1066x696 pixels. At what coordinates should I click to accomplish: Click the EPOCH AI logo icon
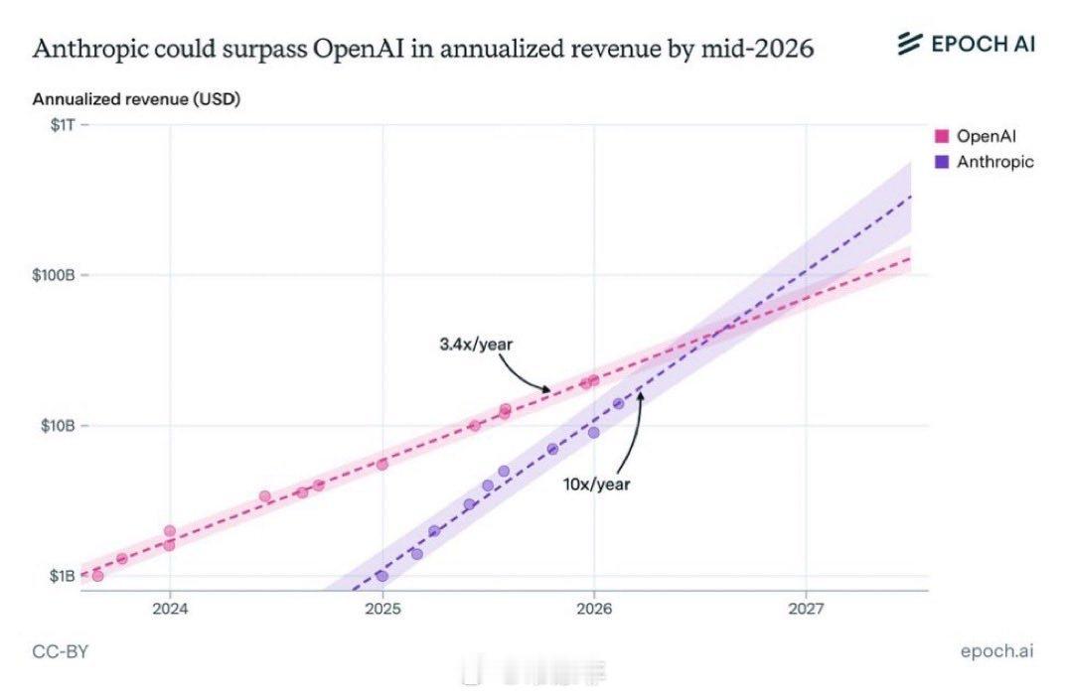click(x=910, y=44)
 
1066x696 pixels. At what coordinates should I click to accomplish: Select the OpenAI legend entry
click(x=986, y=136)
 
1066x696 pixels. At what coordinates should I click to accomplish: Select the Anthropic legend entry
click(x=994, y=162)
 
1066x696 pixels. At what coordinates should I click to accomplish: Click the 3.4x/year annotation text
click(x=476, y=345)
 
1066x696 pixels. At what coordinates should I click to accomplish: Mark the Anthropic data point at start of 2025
click(x=381, y=576)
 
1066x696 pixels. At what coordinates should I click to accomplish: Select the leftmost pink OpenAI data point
click(x=97, y=576)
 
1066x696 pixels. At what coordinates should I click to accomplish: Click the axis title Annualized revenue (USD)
click(x=136, y=99)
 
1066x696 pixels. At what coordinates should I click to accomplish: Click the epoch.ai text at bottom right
click(x=996, y=651)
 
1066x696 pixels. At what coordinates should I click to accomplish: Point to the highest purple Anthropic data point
click(x=618, y=403)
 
